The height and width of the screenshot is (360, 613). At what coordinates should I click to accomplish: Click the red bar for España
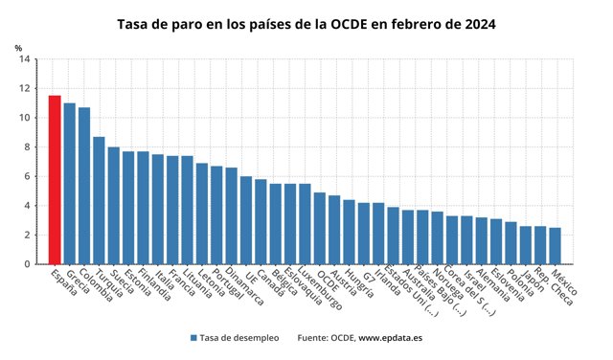coord(55,180)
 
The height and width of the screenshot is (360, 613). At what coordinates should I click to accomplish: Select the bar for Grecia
coord(70,184)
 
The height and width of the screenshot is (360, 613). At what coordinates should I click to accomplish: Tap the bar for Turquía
coord(99,200)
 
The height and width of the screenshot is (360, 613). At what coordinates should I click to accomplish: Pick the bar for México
coord(556,246)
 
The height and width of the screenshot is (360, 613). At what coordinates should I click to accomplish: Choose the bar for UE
coord(246,220)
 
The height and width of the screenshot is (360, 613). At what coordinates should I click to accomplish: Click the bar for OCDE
coord(320,228)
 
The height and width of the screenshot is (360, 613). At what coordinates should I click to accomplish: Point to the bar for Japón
coord(526,245)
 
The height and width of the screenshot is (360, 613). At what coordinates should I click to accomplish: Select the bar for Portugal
coord(216,215)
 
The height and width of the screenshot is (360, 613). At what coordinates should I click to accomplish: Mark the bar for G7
coord(364,234)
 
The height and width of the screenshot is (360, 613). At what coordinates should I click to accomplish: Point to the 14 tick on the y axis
coord(25,59)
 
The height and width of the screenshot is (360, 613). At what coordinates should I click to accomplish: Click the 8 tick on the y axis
coord(27,147)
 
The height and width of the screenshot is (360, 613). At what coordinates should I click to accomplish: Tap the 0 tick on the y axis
coord(27,264)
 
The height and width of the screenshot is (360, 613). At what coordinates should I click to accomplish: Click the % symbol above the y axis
coord(18,48)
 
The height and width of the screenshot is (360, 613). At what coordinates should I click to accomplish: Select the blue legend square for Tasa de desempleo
coord(193,338)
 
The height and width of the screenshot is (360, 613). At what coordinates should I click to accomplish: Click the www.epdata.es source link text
coord(390,338)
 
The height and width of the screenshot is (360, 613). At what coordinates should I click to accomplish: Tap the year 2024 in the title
coord(480,24)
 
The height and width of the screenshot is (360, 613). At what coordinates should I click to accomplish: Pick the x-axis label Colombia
coord(96,285)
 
